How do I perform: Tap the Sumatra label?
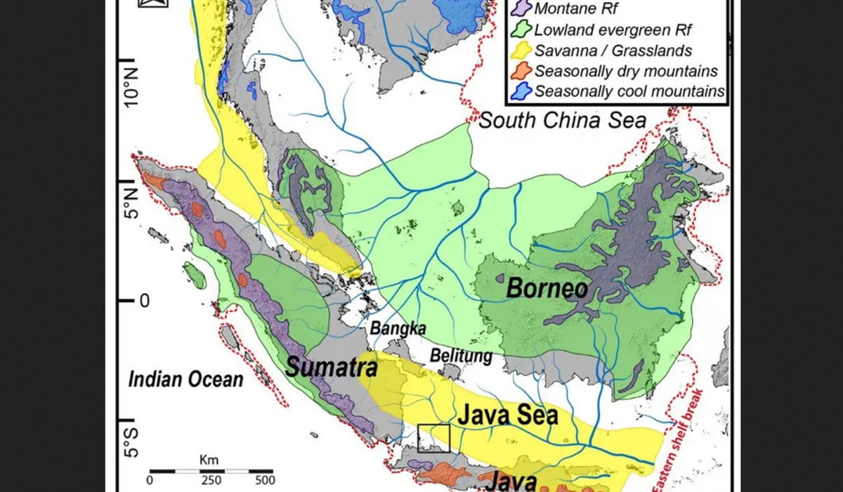[332, 366]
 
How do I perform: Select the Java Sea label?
[508, 415]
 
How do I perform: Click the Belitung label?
[462, 356]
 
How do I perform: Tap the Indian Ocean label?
[185, 380]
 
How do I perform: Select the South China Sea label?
[562, 120]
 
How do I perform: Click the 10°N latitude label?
[131, 86]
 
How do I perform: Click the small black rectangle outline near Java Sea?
[433, 439]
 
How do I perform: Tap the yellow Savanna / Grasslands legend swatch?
[521, 51]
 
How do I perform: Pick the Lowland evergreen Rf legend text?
[613, 30]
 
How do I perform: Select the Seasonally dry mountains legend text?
[626, 71]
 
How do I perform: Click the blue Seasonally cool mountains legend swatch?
[521, 91]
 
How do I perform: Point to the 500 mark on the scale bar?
[265, 481]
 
